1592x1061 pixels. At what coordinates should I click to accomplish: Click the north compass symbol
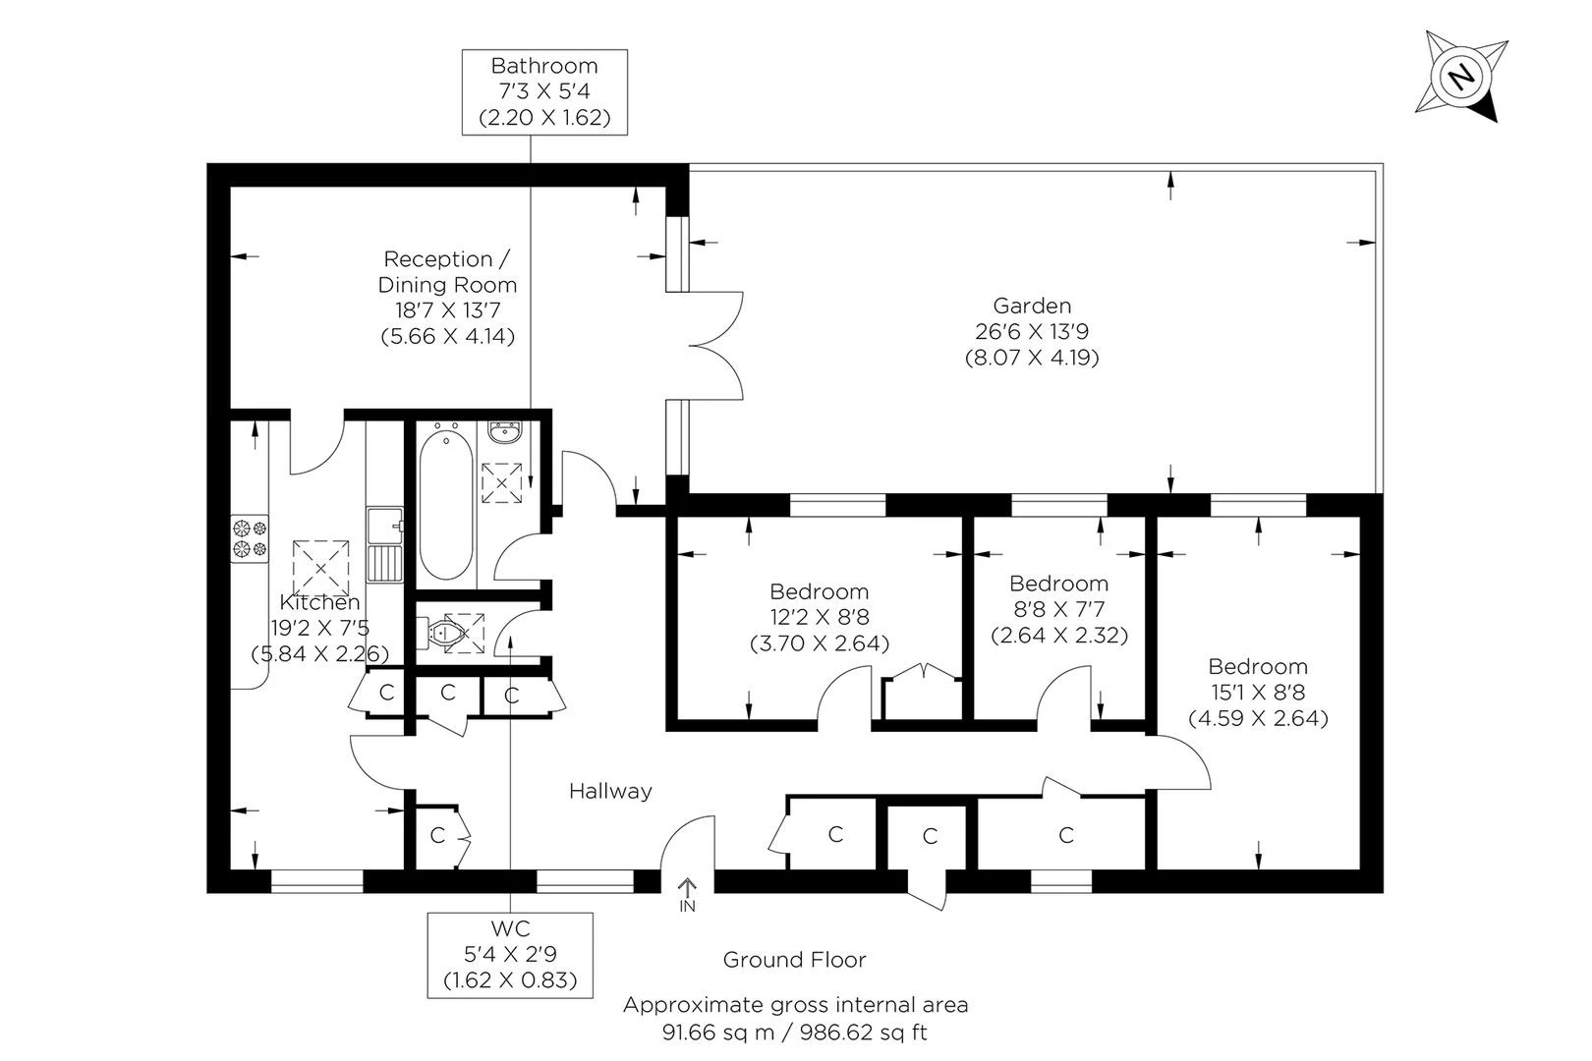1461,77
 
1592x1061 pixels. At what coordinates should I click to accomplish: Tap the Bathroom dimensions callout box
544,92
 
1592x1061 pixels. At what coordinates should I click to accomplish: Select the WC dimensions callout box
510,955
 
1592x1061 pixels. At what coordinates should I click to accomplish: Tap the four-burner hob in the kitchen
250,539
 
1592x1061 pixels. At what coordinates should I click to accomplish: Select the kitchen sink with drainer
385,545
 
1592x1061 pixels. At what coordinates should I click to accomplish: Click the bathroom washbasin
505,433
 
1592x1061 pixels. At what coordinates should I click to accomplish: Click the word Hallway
610,791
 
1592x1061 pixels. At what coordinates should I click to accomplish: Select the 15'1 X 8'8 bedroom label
1258,693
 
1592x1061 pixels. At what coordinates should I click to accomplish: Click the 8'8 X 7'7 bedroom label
1058,609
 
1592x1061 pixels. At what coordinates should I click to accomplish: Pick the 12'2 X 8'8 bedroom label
819,618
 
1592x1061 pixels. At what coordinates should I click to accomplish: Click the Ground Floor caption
794,960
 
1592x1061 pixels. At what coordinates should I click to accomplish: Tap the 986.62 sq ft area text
864,1033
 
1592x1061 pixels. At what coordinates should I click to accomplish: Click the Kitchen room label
319,602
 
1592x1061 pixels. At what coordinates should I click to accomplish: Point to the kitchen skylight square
320,565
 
